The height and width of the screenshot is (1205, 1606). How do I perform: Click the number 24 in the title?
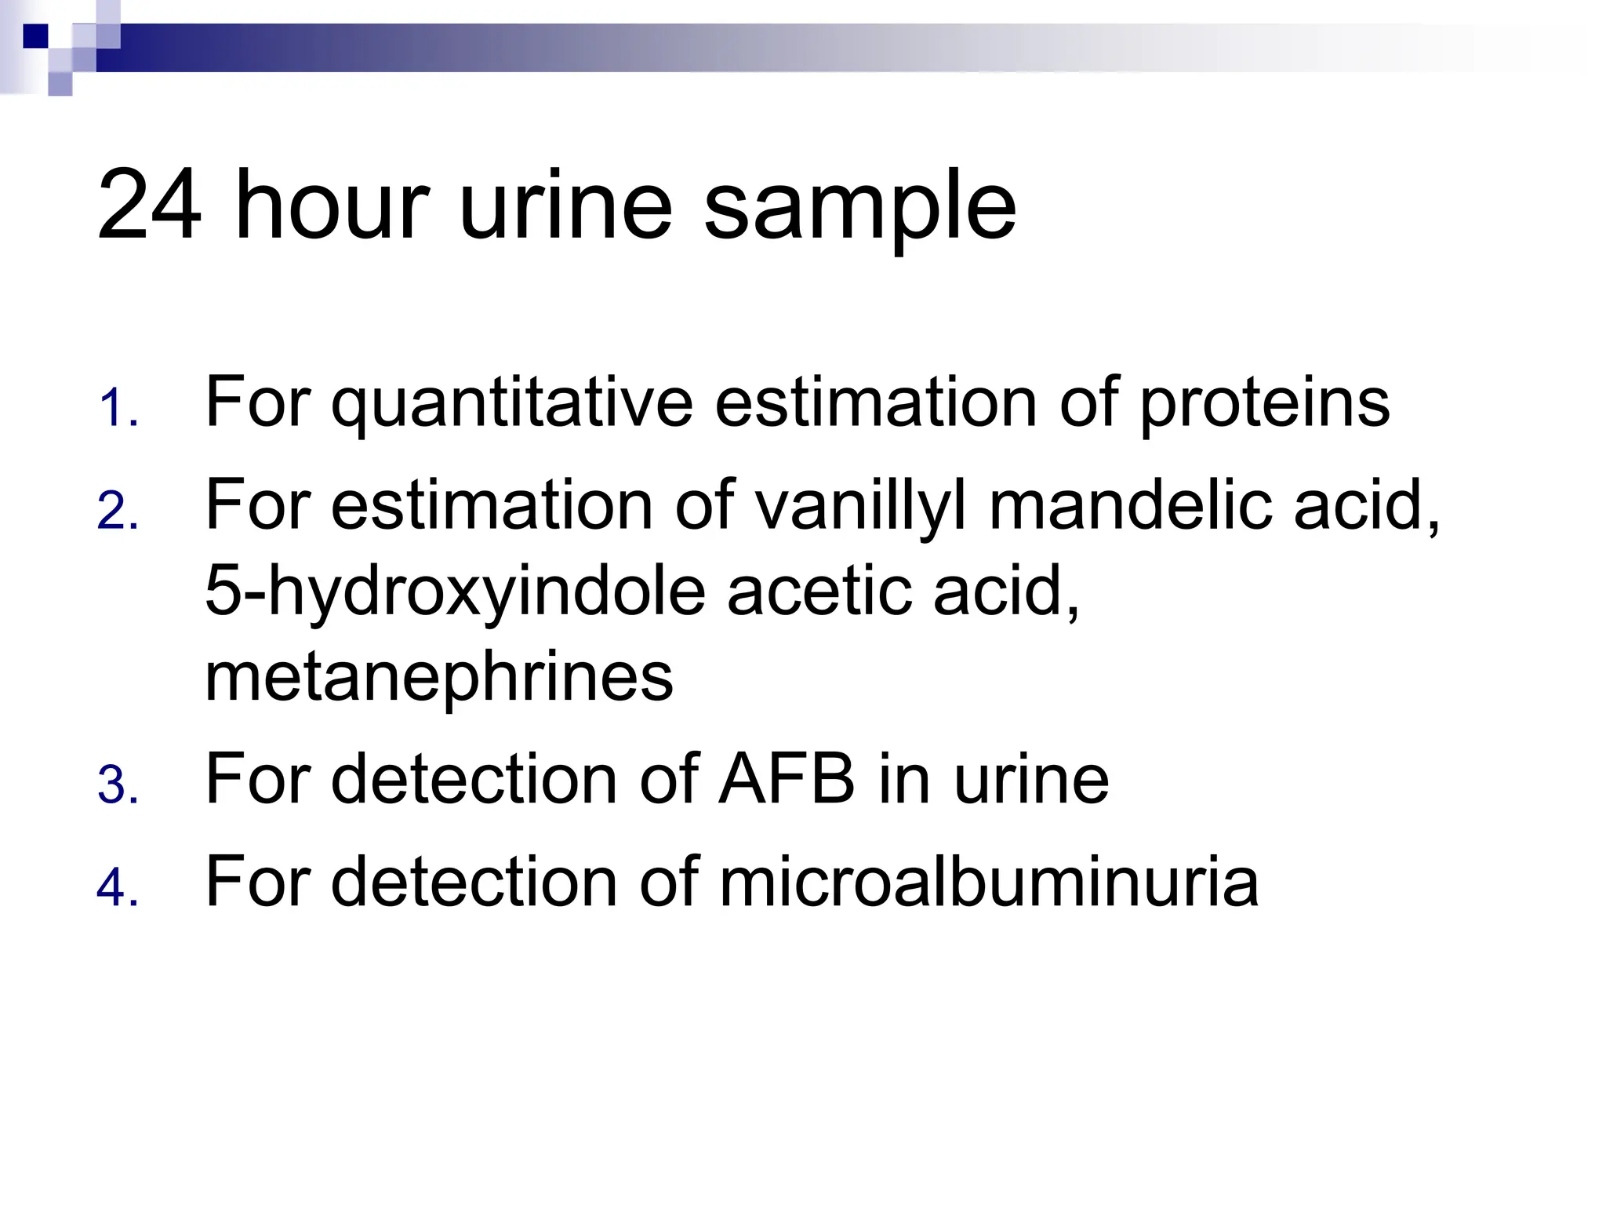149,206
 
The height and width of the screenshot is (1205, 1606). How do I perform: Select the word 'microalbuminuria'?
989,882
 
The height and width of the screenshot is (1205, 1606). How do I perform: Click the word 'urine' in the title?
565,206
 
